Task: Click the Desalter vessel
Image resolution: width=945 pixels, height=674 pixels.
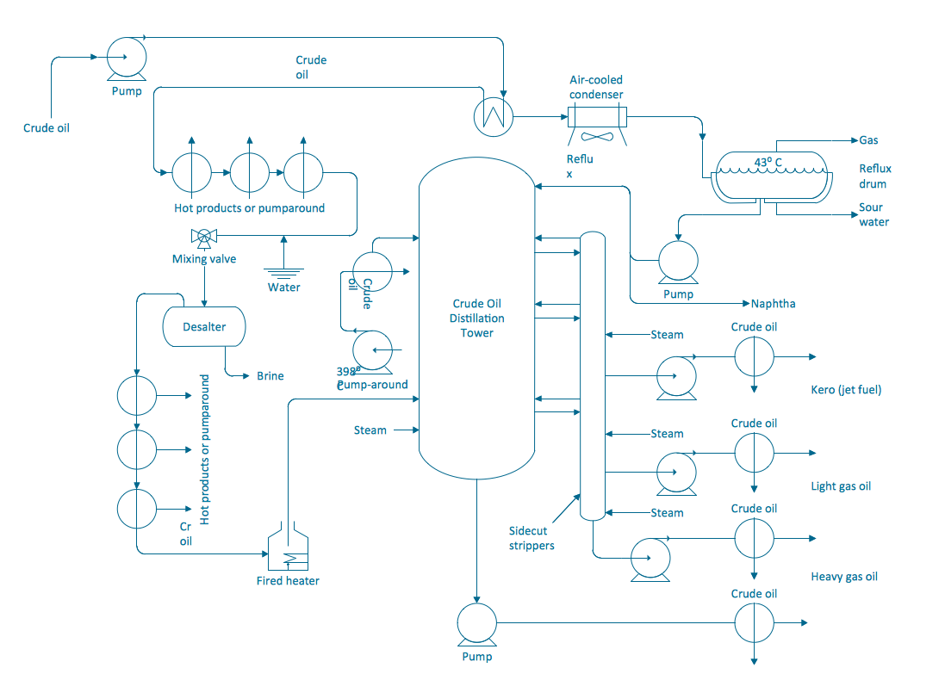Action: click(x=204, y=327)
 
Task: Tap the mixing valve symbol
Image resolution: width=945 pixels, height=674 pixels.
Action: click(x=204, y=236)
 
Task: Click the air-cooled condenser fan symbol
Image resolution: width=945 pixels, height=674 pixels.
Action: click(x=596, y=136)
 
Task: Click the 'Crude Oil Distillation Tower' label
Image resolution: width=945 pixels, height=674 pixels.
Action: click(x=476, y=318)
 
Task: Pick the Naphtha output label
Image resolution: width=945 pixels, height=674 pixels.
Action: click(x=773, y=304)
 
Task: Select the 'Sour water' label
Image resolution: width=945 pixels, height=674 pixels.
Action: click(x=874, y=214)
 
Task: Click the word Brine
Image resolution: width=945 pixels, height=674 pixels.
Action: click(x=270, y=376)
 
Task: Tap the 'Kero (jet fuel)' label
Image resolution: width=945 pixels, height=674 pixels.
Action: click(x=846, y=390)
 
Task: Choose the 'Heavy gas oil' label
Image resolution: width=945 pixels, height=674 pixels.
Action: click(x=844, y=577)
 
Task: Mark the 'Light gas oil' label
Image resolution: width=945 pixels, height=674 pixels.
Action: click(x=841, y=486)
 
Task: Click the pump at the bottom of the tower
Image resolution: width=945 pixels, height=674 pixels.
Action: click(x=476, y=623)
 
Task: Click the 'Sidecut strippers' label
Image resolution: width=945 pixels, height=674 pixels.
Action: click(x=532, y=538)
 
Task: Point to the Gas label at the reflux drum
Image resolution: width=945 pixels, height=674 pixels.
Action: click(x=868, y=140)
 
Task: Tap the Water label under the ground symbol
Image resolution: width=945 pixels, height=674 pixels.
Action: click(x=283, y=287)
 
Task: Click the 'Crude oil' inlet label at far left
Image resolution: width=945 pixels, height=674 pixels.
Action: click(x=47, y=128)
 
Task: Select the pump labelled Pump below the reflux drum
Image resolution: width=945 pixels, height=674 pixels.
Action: click(x=678, y=260)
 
